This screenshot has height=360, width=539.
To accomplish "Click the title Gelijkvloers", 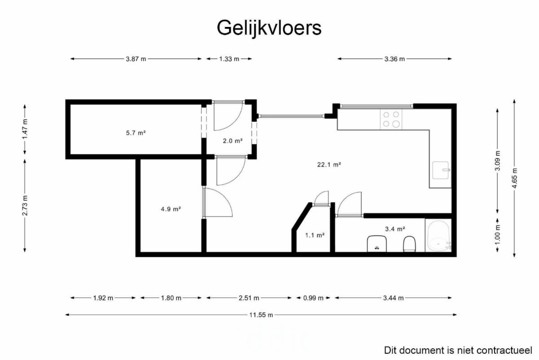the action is point(269,28).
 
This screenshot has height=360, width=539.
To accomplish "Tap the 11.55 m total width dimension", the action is point(261,315).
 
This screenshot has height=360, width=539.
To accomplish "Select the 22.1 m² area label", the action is point(329,164).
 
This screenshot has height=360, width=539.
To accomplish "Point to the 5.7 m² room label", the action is point(136,133).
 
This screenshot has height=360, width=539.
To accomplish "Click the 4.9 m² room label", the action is point(171,209).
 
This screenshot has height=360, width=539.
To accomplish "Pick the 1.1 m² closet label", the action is point(315,235).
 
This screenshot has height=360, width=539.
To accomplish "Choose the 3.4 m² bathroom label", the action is point(395,229).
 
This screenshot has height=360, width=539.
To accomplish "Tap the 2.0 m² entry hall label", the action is point(233,141).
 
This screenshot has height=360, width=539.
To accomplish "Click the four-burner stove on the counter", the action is point(391,119).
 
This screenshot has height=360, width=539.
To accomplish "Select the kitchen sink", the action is point(441,170).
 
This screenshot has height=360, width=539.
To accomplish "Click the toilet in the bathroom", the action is point(409,244).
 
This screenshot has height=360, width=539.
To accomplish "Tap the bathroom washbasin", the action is point(377,244).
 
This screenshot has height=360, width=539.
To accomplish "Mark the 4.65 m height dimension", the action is point(514,178).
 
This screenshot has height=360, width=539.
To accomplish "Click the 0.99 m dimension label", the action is point(314,298).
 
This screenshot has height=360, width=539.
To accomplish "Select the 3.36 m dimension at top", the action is point(395,59).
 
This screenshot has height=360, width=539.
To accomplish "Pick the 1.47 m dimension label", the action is point(25,129).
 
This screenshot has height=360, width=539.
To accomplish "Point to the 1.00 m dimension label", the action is point(498,234).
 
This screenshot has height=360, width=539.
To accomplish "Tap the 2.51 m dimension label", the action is point(249,298).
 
